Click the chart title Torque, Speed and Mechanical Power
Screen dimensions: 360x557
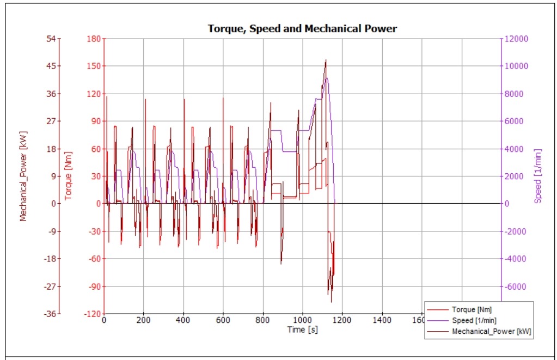click(x=302, y=28)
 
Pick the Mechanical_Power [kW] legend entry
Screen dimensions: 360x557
click(x=492, y=331)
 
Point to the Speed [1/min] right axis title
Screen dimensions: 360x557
click(x=538, y=175)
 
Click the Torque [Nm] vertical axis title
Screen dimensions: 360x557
click(x=69, y=175)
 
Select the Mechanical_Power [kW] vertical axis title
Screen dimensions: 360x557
click(x=23, y=175)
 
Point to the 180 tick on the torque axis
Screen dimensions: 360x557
click(x=93, y=39)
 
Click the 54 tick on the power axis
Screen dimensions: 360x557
click(x=51, y=39)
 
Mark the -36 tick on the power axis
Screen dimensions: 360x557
click(x=50, y=314)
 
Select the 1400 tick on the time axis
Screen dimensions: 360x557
click(x=382, y=321)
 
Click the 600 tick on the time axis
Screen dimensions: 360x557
click(x=223, y=321)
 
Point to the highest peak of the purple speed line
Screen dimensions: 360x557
click(x=326, y=78)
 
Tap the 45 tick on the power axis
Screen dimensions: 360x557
click(x=51, y=66)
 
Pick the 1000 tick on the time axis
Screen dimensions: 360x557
click(x=303, y=321)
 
